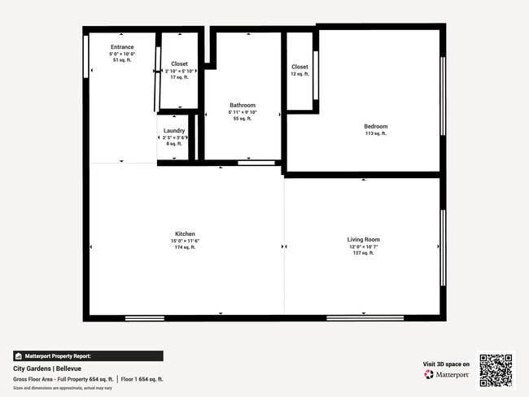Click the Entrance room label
pos(122,47)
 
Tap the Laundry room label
pos(174,130)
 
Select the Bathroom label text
pos(243,105)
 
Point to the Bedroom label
pos(375,126)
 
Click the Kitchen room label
pos(185,233)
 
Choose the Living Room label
pos(364,239)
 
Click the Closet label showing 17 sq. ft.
pos(179,63)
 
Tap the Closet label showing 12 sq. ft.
pos(299,67)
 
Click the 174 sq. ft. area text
pos(185,247)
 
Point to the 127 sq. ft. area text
pos(364,253)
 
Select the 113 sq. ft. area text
pos(375,133)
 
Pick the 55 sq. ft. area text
pos(243,119)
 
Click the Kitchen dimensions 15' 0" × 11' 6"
pos(185,241)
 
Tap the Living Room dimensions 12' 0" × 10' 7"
pos(364,246)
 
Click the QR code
pos(496,370)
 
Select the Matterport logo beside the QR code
pos(446,375)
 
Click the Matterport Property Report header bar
pos(88,356)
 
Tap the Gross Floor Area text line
pos(89,379)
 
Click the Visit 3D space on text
pos(446,364)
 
